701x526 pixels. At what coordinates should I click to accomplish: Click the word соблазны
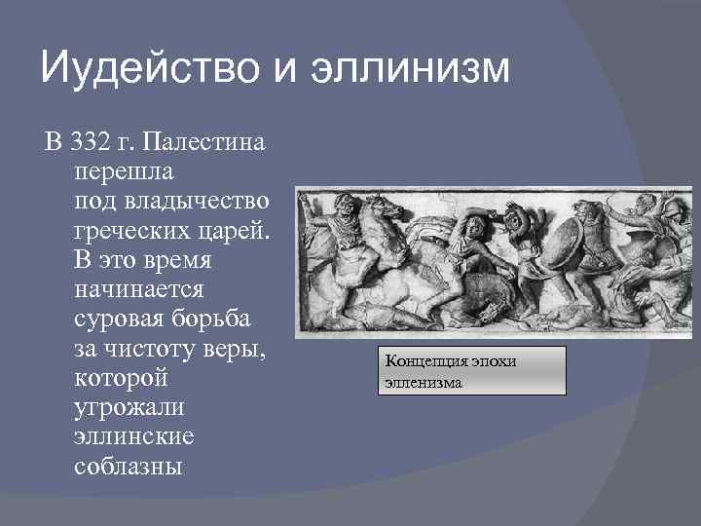[x=128, y=467]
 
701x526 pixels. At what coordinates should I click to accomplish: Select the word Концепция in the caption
[x=425, y=361]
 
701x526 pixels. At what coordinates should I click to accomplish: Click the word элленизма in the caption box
[x=424, y=382]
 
